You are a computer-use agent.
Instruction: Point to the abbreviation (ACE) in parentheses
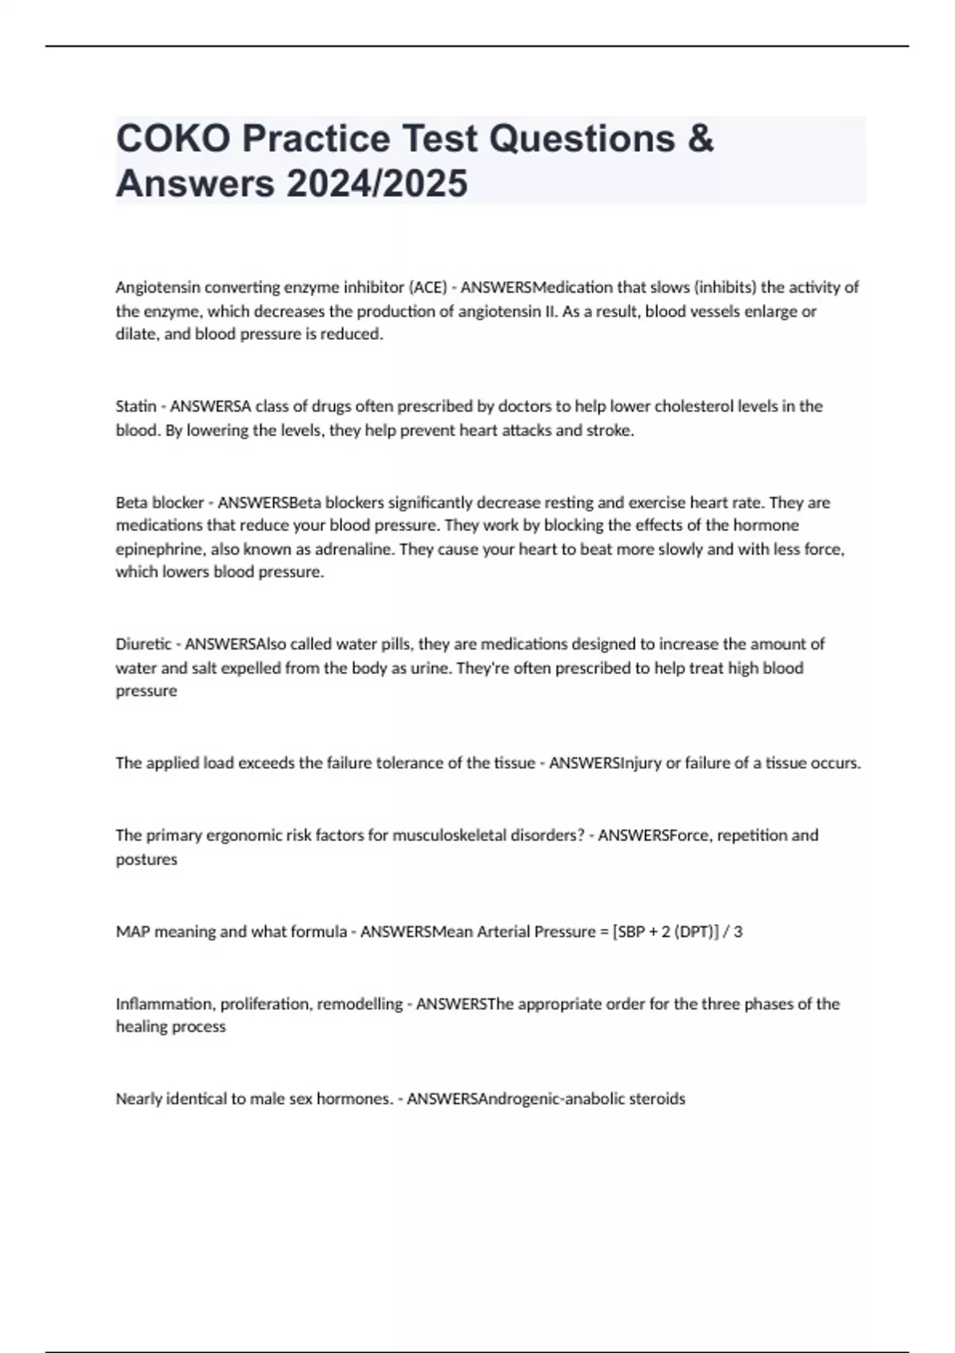[428, 287]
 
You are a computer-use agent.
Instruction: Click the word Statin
[136, 407]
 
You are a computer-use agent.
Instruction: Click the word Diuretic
[143, 644]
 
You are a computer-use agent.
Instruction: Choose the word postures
[146, 860]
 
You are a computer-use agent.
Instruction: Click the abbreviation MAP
[133, 932]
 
